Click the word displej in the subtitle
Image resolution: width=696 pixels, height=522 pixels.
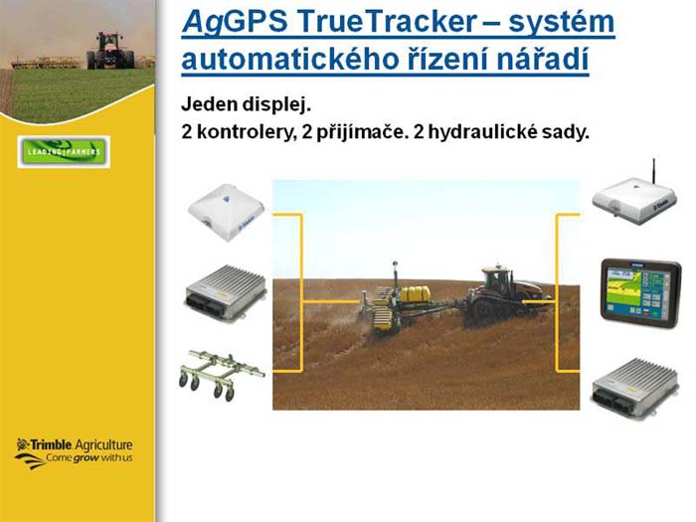click(x=276, y=105)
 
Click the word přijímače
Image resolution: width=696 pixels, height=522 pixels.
click(x=355, y=132)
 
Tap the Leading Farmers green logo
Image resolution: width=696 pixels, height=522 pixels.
click(x=64, y=152)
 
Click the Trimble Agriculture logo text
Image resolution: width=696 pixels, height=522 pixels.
click(x=75, y=444)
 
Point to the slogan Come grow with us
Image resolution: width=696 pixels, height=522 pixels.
click(x=88, y=457)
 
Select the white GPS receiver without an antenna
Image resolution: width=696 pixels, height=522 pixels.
click(x=227, y=213)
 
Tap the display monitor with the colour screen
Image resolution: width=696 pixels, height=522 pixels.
click(x=640, y=293)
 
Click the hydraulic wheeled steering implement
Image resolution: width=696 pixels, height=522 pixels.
click(x=221, y=374)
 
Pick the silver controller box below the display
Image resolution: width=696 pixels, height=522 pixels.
click(x=634, y=387)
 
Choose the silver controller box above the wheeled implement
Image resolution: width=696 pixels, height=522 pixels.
click(x=226, y=291)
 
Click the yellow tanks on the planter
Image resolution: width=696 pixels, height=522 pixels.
click(x=415, y=294)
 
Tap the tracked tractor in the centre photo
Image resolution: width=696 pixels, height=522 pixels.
click(x=506, y=296)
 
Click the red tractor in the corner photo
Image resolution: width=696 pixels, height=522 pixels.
click(x=110, y=51)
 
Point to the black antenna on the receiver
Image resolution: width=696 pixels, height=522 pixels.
click(x=654, y=169)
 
